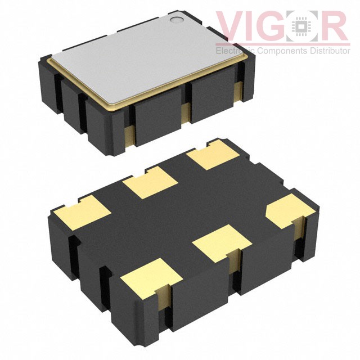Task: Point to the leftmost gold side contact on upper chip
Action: [x=129, y=135]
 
